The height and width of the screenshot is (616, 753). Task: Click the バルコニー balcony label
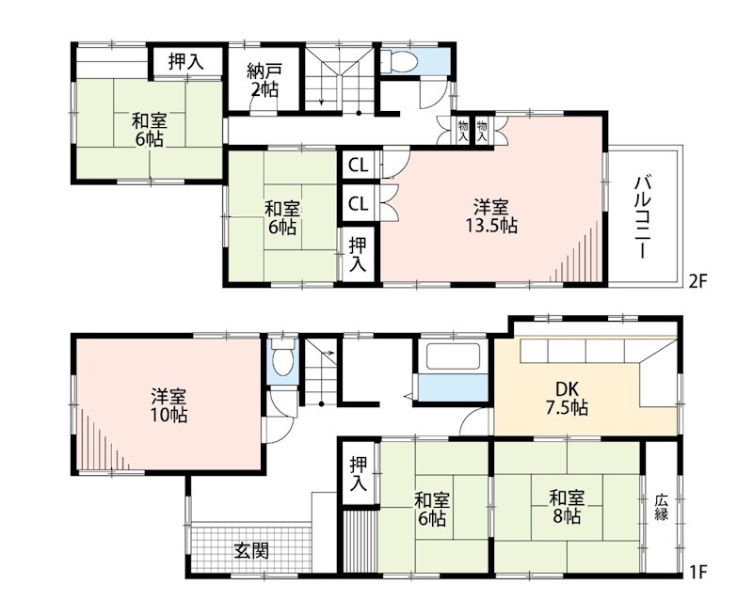[643, 218]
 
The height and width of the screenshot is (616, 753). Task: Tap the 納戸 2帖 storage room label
[264, 81]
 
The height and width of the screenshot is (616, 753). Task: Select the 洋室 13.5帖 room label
[490, 216]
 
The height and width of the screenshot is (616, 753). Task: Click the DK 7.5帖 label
[567, 398]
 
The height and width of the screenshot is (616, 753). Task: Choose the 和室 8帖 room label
[567, 507]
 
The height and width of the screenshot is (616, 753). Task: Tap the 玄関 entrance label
[251, 550]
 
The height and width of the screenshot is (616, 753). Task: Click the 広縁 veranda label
[662, 507]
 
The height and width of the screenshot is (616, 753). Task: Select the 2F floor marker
[697, 281]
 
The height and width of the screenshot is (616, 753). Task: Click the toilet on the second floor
[401, 61]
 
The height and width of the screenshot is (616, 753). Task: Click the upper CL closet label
[359, 166]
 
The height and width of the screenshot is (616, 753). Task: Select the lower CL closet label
[359, 204]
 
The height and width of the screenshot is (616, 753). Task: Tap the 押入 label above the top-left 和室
[186, 61]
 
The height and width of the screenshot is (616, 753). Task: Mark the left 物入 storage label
[463, 131]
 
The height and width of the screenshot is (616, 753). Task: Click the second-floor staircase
[340, 79]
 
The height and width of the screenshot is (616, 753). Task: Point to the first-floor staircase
[320, 371]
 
